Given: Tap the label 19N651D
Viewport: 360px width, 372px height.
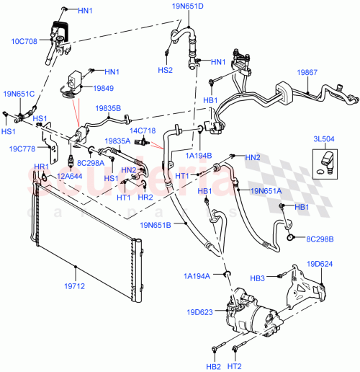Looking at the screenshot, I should click(188, 6).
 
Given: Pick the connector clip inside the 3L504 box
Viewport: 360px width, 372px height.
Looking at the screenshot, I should click(328, 159).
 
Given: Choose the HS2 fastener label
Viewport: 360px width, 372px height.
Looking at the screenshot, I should click(165, 71).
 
